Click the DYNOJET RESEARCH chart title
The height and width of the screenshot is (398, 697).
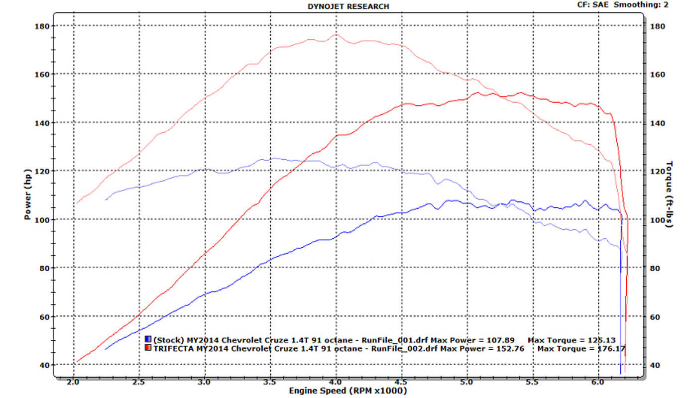coord(348,6)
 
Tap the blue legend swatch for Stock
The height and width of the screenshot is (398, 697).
coord(148,340)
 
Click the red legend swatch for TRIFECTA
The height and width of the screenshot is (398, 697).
coord(148,348)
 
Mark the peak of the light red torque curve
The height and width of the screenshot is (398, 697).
coord(336,34)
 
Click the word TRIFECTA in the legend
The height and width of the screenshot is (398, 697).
coord(174,348)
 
